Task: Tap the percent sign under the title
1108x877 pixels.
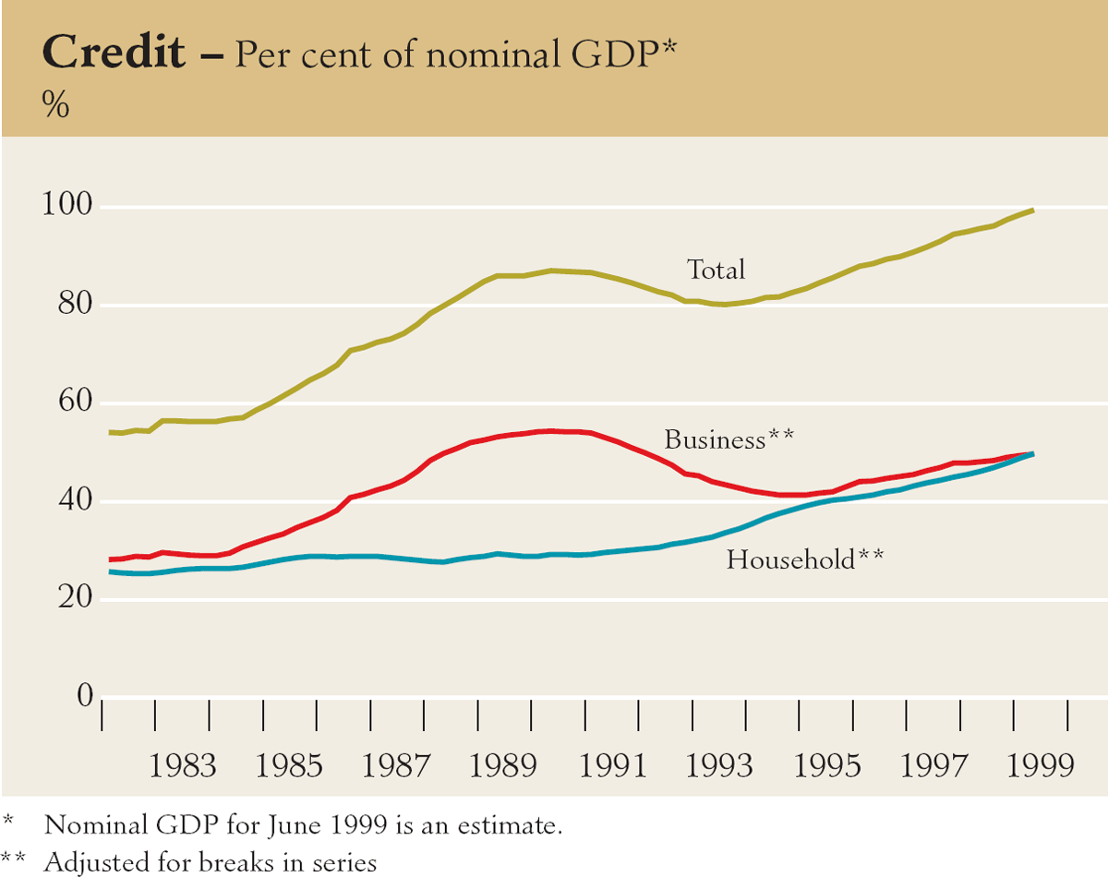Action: tap(55, 106)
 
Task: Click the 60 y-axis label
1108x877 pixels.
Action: tap(73, 402)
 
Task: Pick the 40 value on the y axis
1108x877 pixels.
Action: tap(73, 501)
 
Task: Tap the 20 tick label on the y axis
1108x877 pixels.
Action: tap(73, 599)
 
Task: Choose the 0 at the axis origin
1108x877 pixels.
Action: tap(85, 696)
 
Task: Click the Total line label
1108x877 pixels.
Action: tap(715, 270)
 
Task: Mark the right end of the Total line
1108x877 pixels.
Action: tap(1032, 210)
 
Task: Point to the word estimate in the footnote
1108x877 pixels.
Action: tap(513, 824)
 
